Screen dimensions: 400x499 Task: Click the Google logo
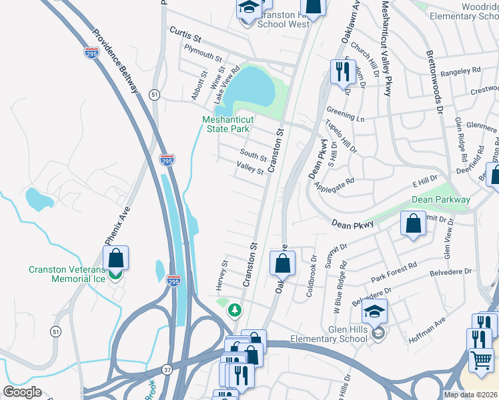coord(22,392)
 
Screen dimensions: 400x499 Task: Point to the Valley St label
coord(252,169)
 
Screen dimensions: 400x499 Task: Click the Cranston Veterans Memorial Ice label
coord(67,274)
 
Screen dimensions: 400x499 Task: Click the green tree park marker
coord(234,310)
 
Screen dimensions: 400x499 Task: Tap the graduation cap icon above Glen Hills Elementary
coord(374,311)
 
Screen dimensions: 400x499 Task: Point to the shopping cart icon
coord(480,361)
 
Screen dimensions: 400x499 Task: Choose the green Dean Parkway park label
coord(441,199)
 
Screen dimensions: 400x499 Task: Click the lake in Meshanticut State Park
coord(252,89)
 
